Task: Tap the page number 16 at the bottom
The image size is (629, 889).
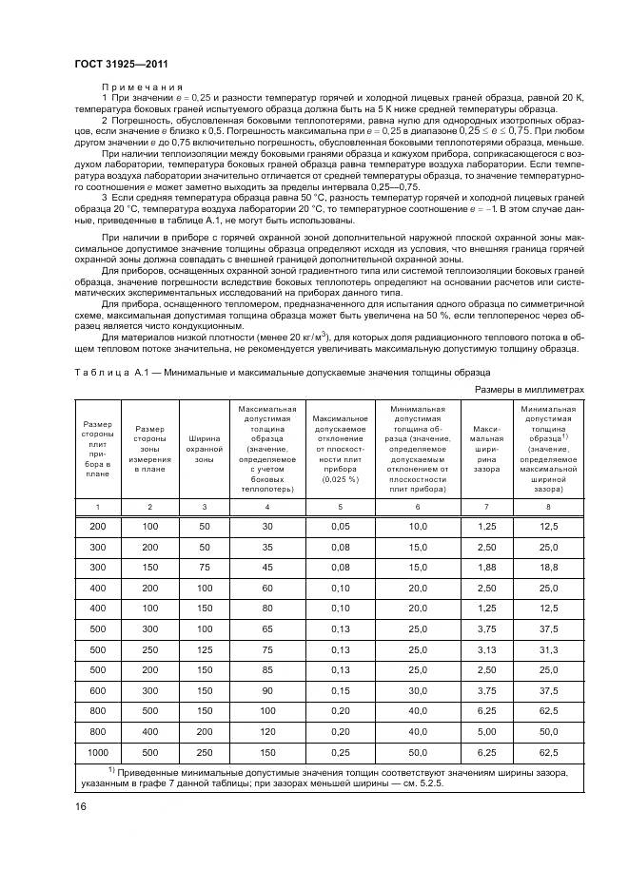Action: coord(79,807)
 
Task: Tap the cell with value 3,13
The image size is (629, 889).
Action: coord(487,649)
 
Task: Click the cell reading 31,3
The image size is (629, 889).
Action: coord(548,649)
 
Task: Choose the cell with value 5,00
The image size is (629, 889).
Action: coord(487,732)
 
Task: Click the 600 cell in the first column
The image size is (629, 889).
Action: coord(98,691)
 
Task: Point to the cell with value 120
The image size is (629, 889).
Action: coord(266,732)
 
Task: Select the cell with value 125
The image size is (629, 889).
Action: coord(203,649)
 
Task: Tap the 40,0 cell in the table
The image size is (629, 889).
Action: coord(419,711)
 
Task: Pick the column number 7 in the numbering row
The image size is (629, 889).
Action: coord(487,508)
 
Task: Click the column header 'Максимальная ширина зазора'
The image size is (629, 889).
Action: coord(487,448)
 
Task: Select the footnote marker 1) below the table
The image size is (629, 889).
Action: coord(111,768)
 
